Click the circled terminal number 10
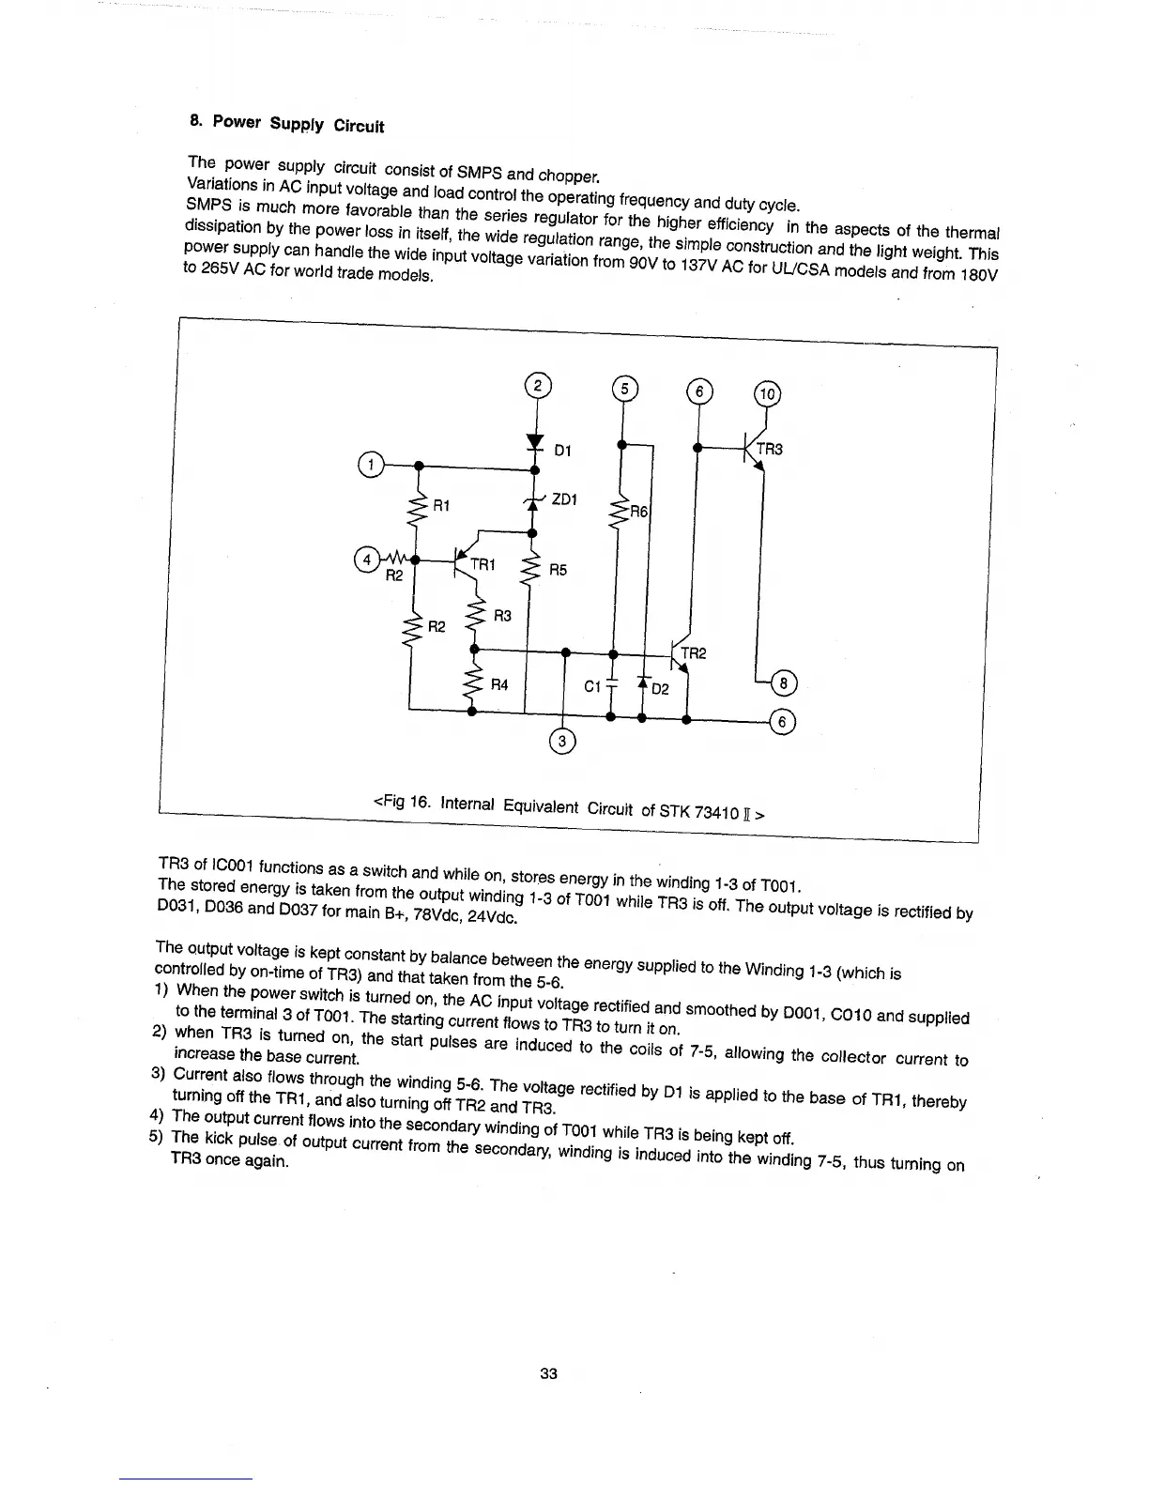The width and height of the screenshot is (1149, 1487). click(767, 394)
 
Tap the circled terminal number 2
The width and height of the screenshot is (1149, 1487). click(536, 386)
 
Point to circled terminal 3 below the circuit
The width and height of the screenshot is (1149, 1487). click(562, 742)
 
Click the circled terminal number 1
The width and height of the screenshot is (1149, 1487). click(372, 465)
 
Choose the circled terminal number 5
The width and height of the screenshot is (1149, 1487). click(623, 389)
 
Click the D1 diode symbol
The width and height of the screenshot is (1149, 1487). click(535, 442)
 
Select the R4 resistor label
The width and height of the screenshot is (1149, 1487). click(499, 684)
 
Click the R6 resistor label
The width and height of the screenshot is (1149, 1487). click(638, 512)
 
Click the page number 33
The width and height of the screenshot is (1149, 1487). click(549, 1373)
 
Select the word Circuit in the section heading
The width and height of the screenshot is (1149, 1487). click(359, 126)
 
